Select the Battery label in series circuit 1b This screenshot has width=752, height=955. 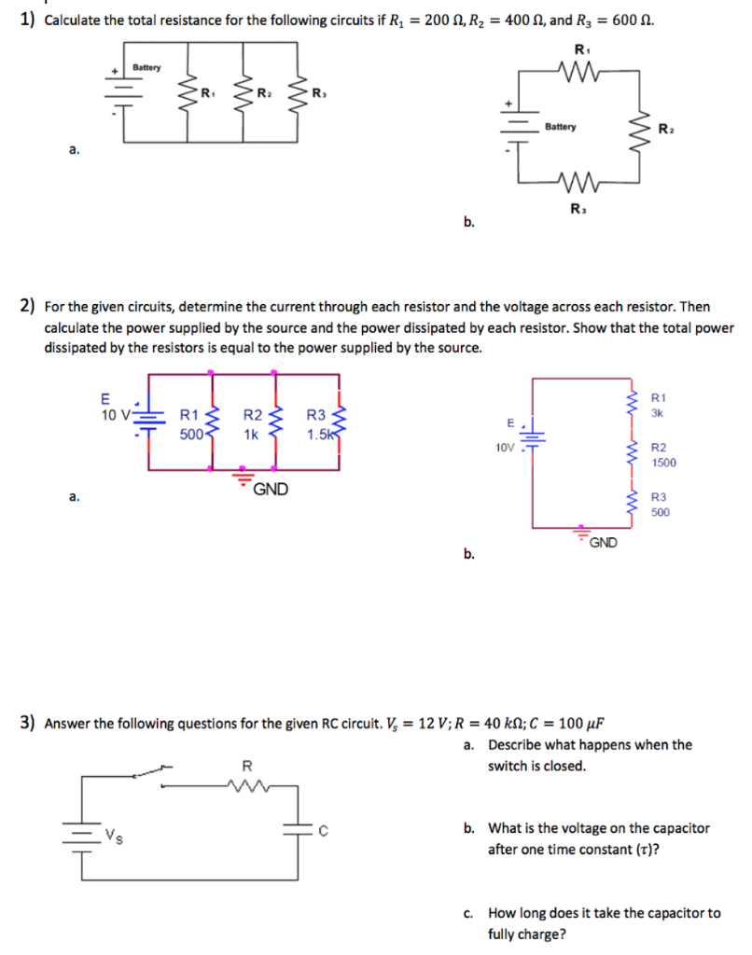pyautogui.click(x=561, y=127)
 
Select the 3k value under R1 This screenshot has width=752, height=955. pyautogui.click(x=658, y=413)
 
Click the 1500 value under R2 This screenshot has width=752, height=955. pyautogui.click(x=664, y=463)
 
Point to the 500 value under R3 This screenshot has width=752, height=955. pyautogui.click(x=661, y=512)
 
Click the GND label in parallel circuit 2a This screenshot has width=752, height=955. pyautogui.click(x=271, y=489)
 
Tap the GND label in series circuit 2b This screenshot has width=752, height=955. pyautogui.click(x=603, y=543)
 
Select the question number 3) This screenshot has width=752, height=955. pyautogui.click(x=28, y=722)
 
